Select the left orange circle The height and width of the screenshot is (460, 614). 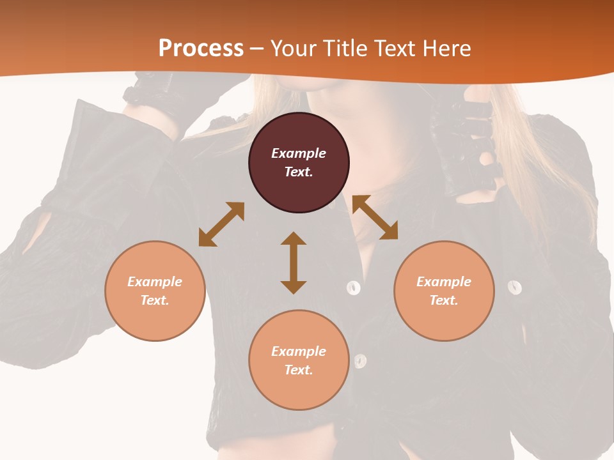pyautogui.click(x=155, y=291)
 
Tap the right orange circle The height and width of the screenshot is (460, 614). pyautogui.click(x=444, y=291)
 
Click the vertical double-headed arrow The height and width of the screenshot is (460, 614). pyautogui.click(x=294, y=263)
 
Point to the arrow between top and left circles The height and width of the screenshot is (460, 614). pyautogui.click(x=221, y=224)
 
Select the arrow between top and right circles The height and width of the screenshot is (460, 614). pyautogui.click(x=375, y=217)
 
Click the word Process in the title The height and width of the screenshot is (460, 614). pyautogui.click(x=201, y=48)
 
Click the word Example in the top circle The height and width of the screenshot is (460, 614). pyautogui.click(x=299, y=153)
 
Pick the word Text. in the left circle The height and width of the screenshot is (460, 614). pyautogui.click(x=155, y=300)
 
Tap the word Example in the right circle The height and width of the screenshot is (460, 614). pyautogui.click(x=444, y=282)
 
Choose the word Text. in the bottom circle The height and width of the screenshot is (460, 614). pyautogui.click(x=299, y=370)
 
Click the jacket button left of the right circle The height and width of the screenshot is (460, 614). pyautogui.click(x=354, y=287)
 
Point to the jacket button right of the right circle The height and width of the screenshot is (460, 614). pyautogui.click(x=515, y=287)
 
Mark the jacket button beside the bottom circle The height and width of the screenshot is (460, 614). pyautogui.click(x=361, y=361)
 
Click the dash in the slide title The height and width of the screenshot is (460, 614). pyautogui.click(x=257, y=48)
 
